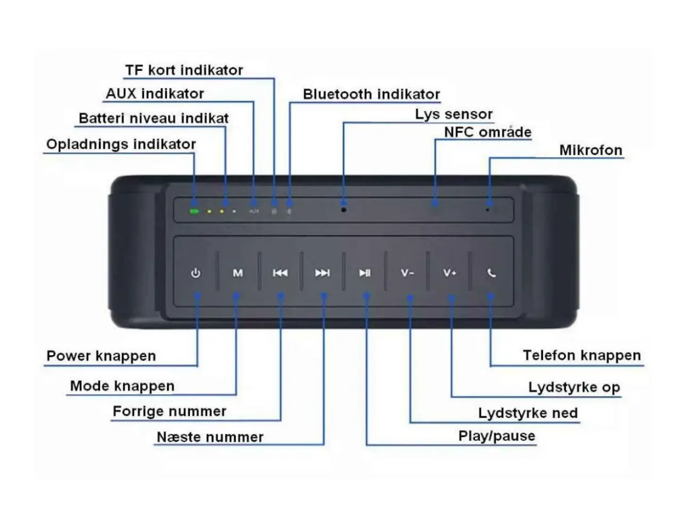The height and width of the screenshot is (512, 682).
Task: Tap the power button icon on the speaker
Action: click(196, 273)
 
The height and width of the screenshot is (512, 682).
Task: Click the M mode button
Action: click(238, 273)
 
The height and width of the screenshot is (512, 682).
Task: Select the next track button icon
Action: click(322, 273)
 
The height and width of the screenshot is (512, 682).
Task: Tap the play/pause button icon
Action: click(364, 273)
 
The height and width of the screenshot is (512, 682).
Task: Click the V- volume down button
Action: click(407, 273)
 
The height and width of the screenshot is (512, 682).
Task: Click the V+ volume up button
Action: click(450, 273)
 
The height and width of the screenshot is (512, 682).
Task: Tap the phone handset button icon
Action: click(492, 273)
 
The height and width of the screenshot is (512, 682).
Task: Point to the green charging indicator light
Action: click(194, 211)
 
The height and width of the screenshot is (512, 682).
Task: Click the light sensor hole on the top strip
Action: click(343, 210)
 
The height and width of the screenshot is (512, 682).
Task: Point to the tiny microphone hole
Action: click(487, 210)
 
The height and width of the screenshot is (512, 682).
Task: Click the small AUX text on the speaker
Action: click(254, 211)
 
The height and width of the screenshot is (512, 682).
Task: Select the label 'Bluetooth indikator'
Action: click(371, 94)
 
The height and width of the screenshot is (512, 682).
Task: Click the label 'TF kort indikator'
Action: click(184, 70)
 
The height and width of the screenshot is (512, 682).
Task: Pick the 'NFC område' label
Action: click(488, 132)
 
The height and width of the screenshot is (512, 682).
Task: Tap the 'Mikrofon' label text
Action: click(591, 150)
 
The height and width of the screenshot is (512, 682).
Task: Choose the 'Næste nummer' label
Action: click(210, 437)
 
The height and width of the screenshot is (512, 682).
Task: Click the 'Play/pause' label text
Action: click(497, 436)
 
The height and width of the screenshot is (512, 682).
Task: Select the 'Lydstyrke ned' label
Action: click(528, 413)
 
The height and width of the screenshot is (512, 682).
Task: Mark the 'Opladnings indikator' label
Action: click(121, 145)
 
